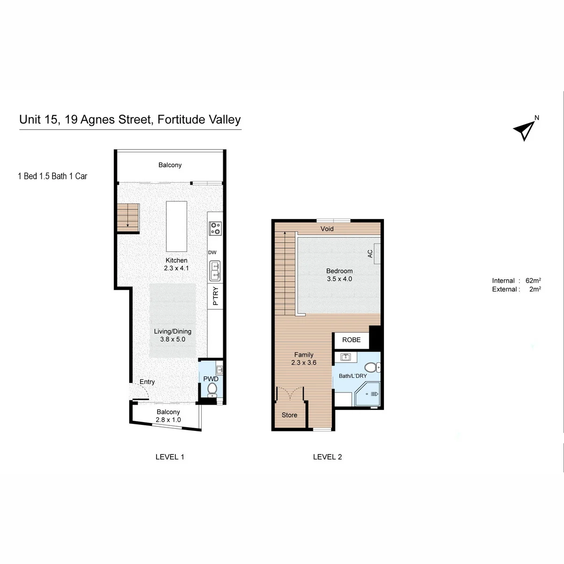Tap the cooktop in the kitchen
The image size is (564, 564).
click(x=215, y=228)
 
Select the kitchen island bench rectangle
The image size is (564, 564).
click(x=177, y=226)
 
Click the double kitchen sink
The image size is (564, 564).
click(x=215, y=271)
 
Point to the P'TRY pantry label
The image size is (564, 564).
click(x=216, y=296)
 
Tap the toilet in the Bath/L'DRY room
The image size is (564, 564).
click(x=372, y=368)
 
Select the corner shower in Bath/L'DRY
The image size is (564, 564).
click(x=368, y=394)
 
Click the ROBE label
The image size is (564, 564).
click(x=351, y=340)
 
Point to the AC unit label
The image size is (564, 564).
click(x=370, y=253)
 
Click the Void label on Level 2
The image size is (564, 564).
click(x=327, y=228)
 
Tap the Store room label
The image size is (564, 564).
click(x=290, y=415)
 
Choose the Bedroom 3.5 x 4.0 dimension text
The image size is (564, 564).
click(x=339, y=279)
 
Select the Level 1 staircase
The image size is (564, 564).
click(x=128, y=218)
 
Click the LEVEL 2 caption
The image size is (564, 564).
click(x=328, y=457)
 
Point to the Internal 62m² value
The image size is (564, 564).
click(x=533, y=281)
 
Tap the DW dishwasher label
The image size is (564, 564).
click(x=212, y=252)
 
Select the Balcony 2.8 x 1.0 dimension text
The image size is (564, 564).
click(x=168, y=420)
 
